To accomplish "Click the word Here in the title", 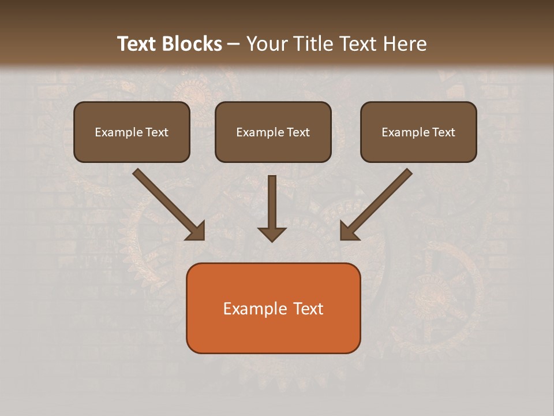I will pyautogui.click(x=405, y=44).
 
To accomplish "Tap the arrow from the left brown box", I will pyautogui.click(x=167, y=203).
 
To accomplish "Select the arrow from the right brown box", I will pyautogui.click(x=377, y=203).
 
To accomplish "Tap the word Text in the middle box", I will pyautogui.click(x=298, y=132).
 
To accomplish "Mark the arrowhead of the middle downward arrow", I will pyautogui.click(x=272, y=234).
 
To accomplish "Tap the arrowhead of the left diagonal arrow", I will pyautogui.click(x=196, y=231).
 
